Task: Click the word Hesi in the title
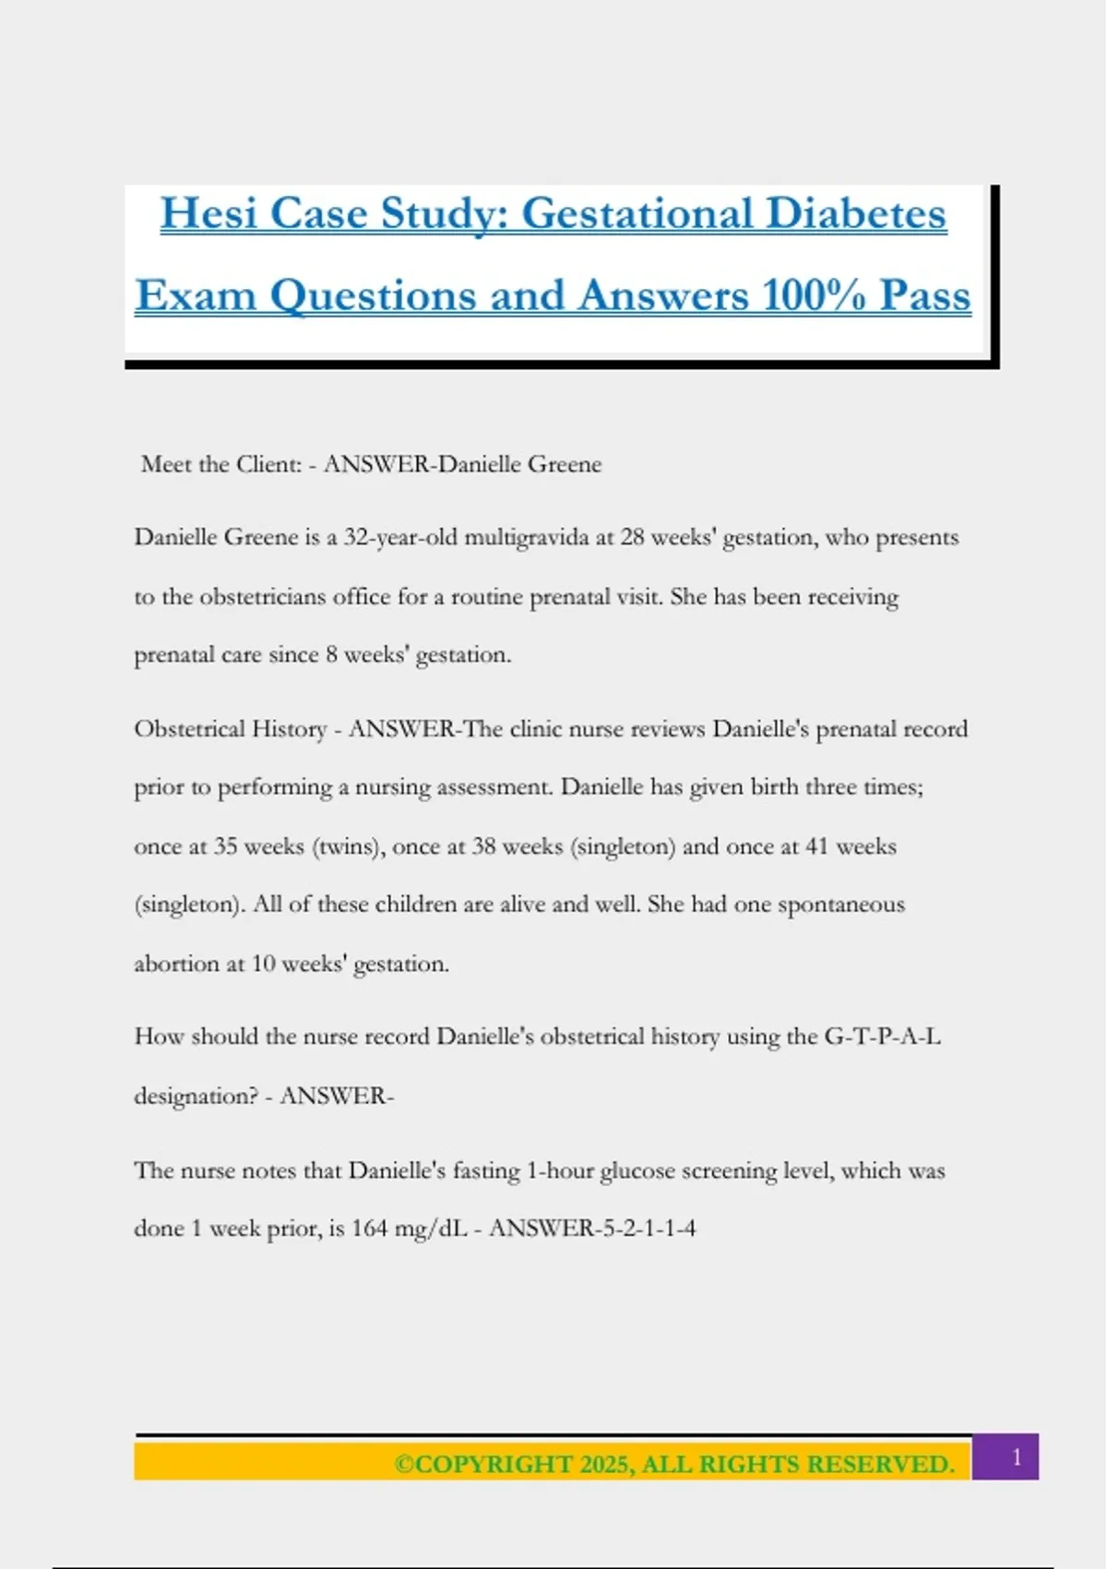(208, 214)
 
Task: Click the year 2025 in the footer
(606, 1465)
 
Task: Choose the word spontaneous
(840, 904)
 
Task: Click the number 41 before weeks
(816, 846)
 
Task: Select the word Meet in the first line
(166, 464)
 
